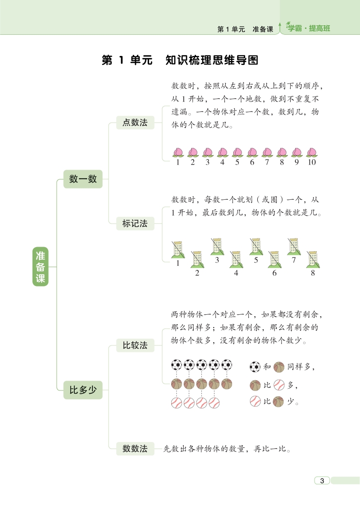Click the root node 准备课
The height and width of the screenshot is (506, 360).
pyautogui.click(x=40, y=267)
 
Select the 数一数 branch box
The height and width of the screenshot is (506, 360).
pyautogui.click(x=83, y=179)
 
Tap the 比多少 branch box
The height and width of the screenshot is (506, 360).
pyautogui.click(x=83, y=390)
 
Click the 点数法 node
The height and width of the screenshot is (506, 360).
pyautogui.click(x=135, y=122)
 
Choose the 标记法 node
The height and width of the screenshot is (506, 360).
pyautogui.click(x=135, y=223)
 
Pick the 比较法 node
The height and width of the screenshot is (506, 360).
pyautogui.click(x=135, y=345)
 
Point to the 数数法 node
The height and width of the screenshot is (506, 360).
pyautogui.click(x=135, y=449)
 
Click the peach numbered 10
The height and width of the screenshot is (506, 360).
pyautogui.click(x=312, y=152)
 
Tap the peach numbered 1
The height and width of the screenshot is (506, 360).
pyautogui.click(x=178, y=152)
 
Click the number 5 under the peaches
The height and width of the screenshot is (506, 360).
pyautogui.click(x=237, y=162)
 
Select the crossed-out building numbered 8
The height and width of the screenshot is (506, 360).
pyautogui.click(x=313, y=259)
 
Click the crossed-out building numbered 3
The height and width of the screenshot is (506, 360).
pyautogui.click(x=217, y=247)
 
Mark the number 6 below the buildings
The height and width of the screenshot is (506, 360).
pyautogui.click(x=274, y=273)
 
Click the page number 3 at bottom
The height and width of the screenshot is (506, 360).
pyautogui.click(x=322, y=480)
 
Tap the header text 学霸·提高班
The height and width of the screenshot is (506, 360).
pyautogui.click(x=309, y=28)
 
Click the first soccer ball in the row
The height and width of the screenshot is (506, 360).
pyautogui.click(x=176, y=365)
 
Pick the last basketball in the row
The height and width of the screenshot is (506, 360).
pyautogui.click(x=227, y=384)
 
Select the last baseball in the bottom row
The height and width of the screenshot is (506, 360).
pyautogui.click(x=214, y=403)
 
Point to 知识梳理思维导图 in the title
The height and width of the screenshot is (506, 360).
pyautogui.click(x=212, y=60)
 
